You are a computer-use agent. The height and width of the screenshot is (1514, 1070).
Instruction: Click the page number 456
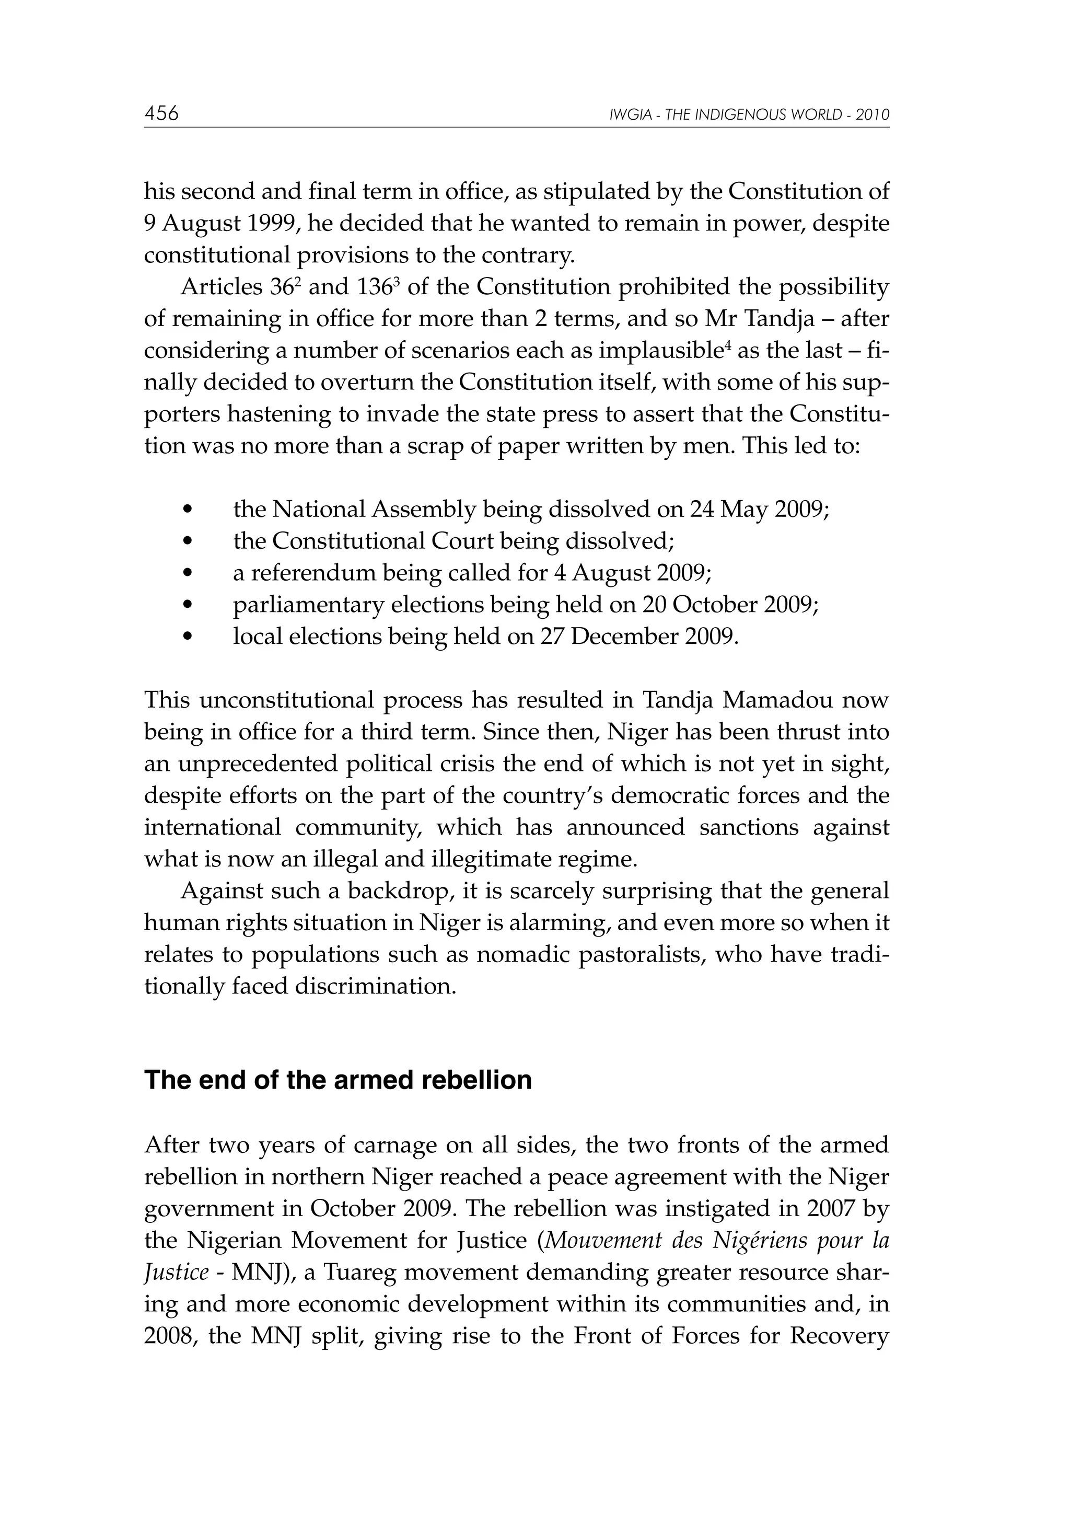click(x=161, y=114)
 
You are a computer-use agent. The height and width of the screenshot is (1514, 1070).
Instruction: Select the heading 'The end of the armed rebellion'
click(x=338, y=1081)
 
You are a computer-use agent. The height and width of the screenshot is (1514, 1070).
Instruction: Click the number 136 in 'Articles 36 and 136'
click(x=375, y=287)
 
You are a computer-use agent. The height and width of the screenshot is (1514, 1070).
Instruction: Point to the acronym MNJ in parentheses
click(x=257, y=1272)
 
